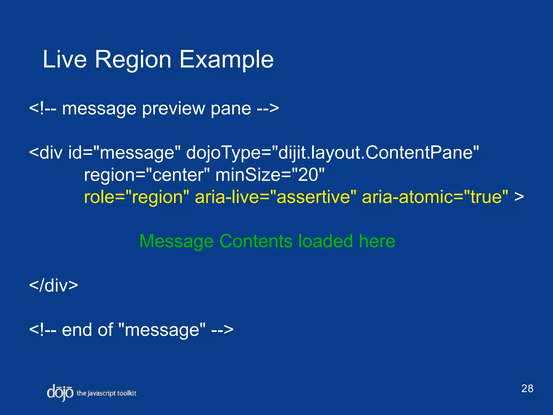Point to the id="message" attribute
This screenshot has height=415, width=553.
[x=124, y=153]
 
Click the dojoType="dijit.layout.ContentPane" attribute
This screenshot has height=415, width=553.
[x=332, y=153]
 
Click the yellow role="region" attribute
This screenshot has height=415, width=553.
[x=137, y=197]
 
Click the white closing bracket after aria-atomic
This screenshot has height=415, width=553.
[x=519, y=197]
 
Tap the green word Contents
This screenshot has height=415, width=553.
[x=256, y=241]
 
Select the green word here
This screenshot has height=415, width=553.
[x=377, y=241]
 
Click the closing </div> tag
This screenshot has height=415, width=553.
[x=53, y=285]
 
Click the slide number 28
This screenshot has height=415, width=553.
[x=527, y=389]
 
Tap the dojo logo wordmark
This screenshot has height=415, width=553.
[x=60, y=393]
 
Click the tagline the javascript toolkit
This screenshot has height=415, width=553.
[x=106, y=393]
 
